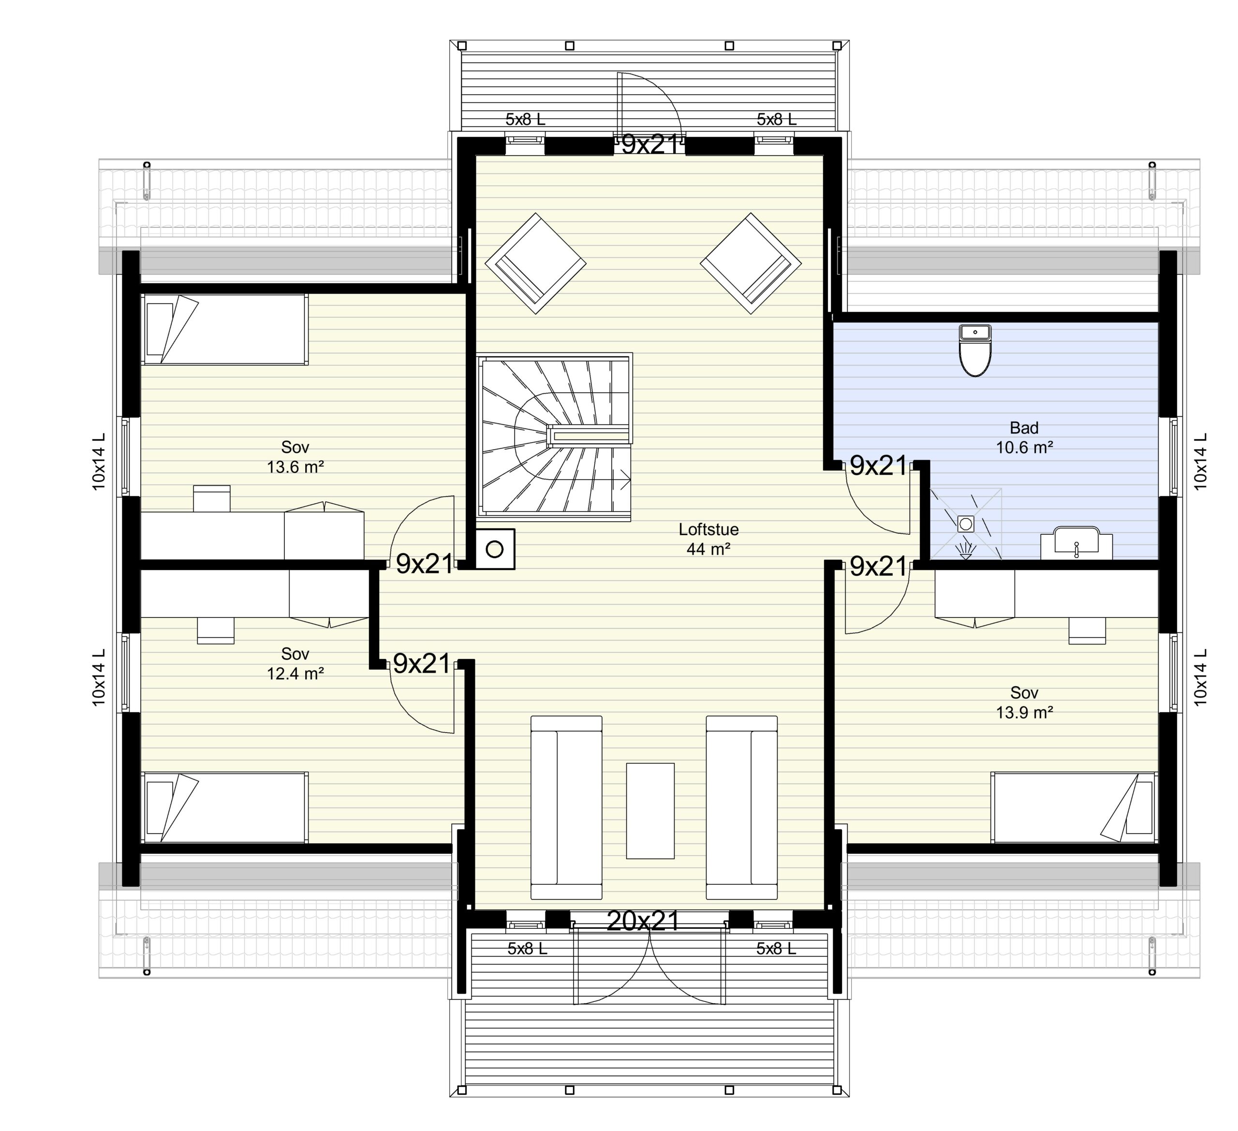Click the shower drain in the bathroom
click(966, 524)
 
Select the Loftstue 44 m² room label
click(708, 539)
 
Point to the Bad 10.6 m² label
click(1024, 437)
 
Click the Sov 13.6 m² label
click(295, 457)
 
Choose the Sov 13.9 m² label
click(1024, 703)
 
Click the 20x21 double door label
click(643, 921)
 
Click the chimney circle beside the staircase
click(495, 549)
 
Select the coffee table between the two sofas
click(649, 810)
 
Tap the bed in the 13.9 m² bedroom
click(1074, 808)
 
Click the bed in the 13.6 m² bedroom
click(225, 330)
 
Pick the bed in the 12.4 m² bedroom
click(225, 808)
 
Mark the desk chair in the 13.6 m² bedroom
click(212, 498)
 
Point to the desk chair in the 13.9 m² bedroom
click(1087, 631)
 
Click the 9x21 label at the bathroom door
click(878, 467)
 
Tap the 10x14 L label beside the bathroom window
click(1201, 461)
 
